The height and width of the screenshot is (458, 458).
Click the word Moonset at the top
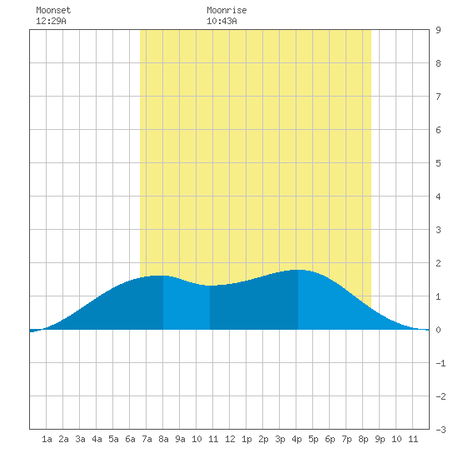53,10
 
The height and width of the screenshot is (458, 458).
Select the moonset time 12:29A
51,21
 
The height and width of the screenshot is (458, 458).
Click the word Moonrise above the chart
227,10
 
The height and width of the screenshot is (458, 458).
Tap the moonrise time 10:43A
222,21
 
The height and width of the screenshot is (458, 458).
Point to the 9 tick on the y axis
438,30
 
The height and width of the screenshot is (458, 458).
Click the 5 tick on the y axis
438,163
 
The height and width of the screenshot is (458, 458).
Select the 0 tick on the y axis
438,330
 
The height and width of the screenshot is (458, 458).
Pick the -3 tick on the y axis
441,430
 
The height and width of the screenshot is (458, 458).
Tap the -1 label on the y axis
441,363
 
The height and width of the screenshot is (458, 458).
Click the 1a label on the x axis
47,439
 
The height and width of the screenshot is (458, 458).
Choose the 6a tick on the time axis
130,439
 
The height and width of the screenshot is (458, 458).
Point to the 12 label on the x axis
230,439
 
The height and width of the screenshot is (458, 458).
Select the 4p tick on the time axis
296,439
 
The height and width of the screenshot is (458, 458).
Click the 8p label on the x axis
363,439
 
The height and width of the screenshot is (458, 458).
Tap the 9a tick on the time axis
180,439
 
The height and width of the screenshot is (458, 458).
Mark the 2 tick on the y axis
438,263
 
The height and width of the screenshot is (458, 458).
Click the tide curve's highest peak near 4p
298,270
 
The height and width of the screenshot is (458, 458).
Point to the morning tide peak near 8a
162,276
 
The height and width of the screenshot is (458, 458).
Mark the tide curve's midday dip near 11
212,286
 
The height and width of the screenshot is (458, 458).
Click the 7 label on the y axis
438,97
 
